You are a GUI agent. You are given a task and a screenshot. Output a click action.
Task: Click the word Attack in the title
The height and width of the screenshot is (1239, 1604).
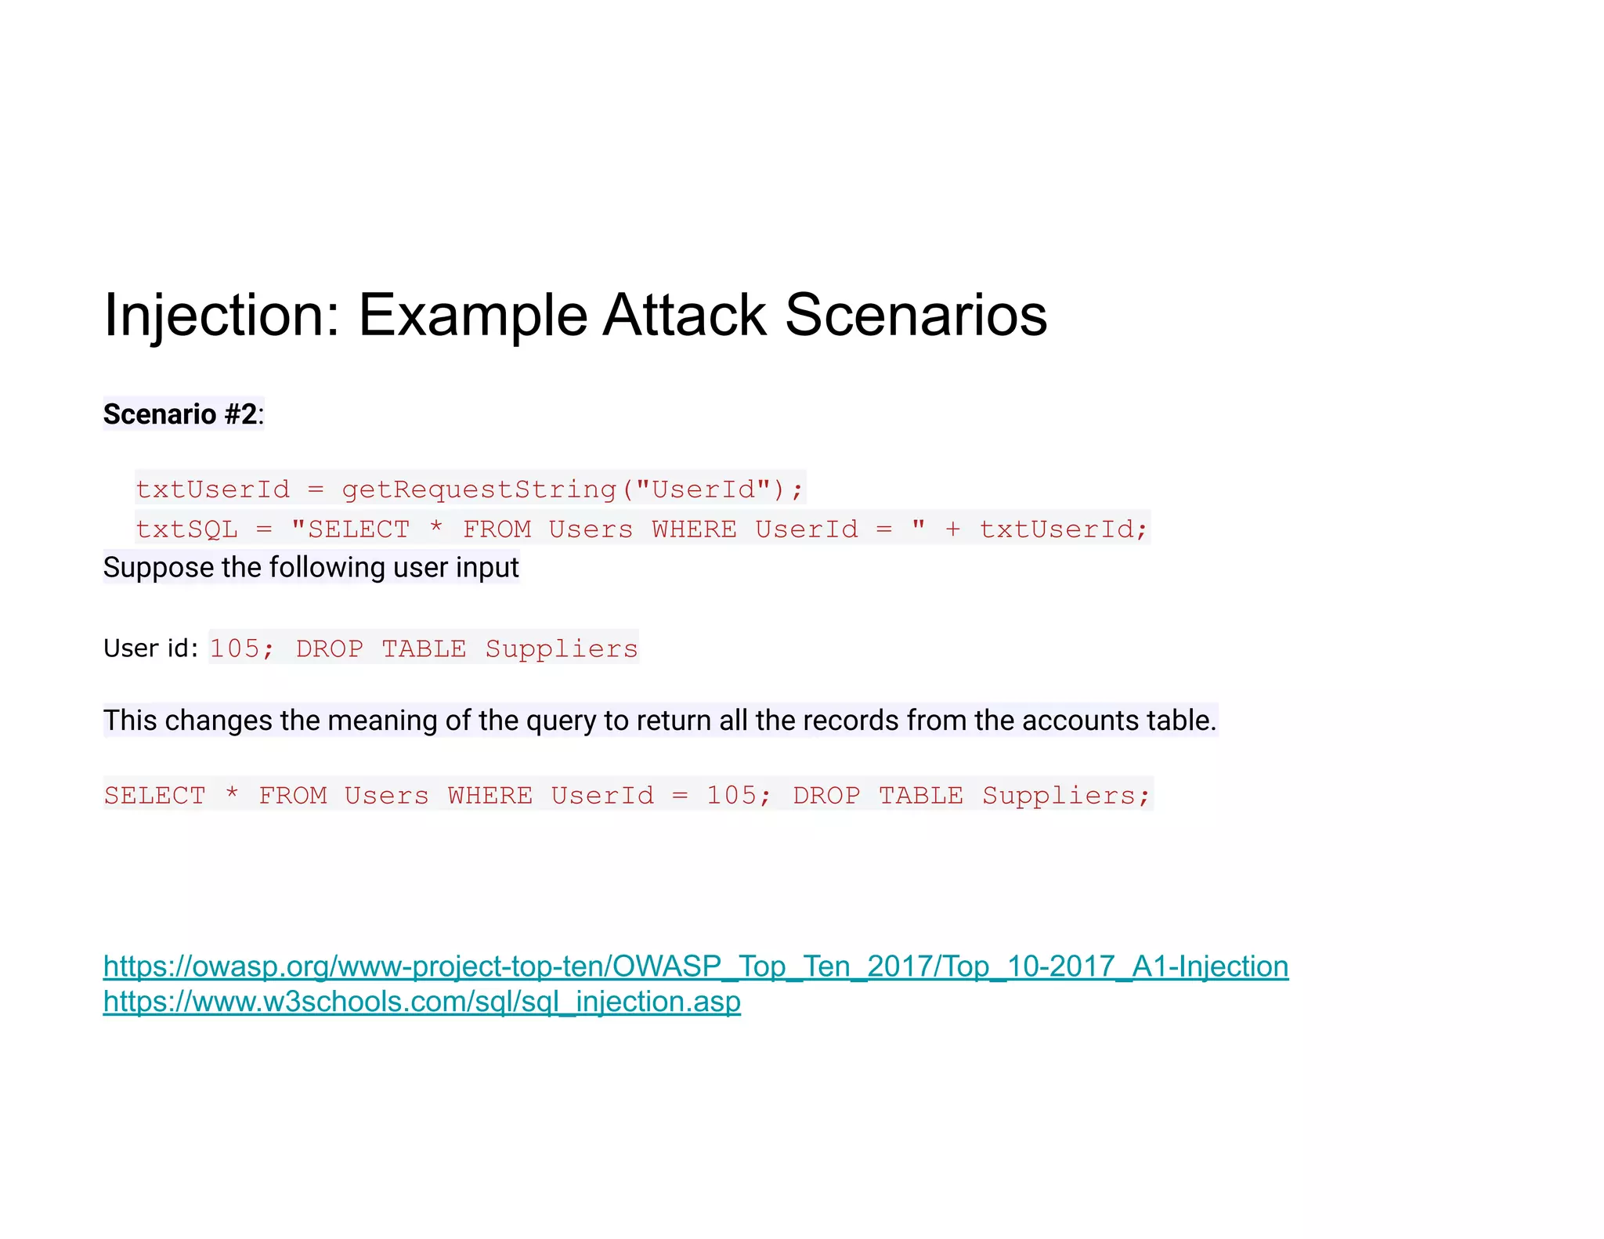685,315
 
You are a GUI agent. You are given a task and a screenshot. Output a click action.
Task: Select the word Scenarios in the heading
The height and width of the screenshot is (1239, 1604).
916,315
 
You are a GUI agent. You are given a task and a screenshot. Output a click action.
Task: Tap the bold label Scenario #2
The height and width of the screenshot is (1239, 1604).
180,414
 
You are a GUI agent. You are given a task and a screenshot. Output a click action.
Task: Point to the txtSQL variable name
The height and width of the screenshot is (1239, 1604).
186,529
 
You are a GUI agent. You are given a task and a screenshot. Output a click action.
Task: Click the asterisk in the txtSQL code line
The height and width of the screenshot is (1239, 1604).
435,529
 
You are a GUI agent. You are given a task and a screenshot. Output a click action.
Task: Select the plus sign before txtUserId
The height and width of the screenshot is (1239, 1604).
952,529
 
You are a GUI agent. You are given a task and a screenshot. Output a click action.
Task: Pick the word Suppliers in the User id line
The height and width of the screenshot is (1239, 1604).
562,648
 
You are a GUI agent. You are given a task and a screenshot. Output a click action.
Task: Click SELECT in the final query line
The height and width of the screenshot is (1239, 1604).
155,796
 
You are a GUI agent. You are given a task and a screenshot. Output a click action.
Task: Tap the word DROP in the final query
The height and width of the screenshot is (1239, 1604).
826,796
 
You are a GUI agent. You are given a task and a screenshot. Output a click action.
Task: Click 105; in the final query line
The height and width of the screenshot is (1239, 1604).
739,796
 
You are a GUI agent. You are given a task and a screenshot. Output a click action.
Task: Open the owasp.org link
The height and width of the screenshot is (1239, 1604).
695,966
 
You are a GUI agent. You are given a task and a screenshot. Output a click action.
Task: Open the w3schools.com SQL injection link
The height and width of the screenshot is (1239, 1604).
421,1002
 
